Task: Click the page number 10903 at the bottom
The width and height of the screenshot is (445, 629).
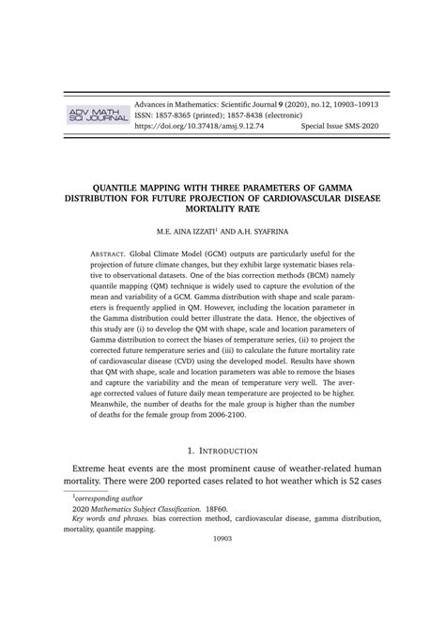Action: pyautogui.click(x=222, y=591)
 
